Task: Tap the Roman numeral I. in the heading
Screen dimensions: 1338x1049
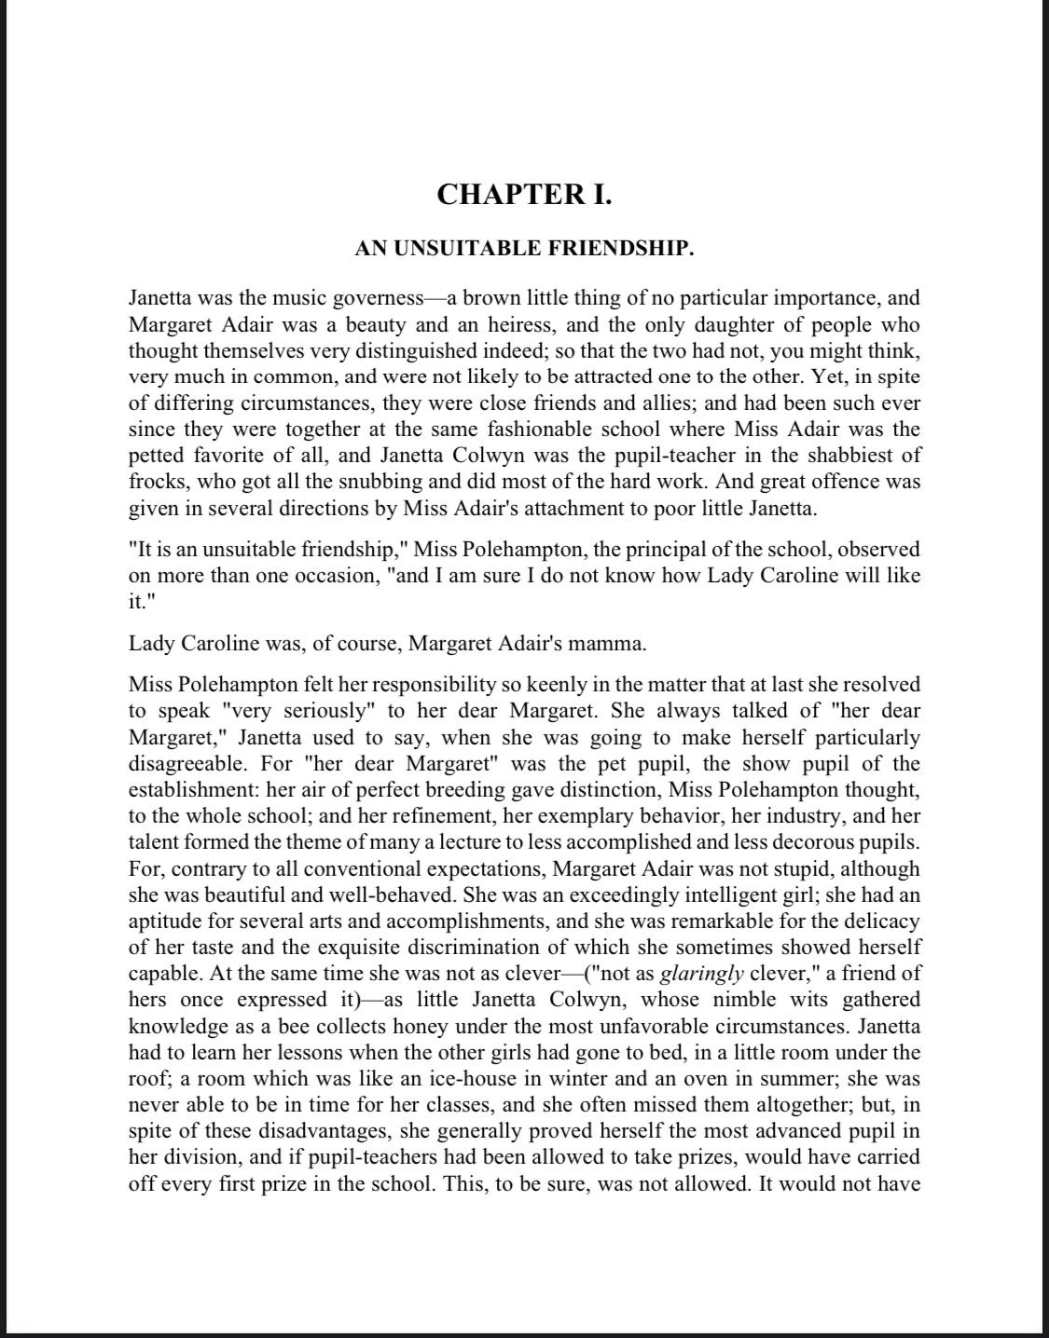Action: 598,195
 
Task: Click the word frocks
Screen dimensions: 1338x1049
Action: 154,482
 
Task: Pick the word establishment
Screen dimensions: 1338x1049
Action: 194,790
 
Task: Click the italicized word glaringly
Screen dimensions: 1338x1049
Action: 701,974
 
